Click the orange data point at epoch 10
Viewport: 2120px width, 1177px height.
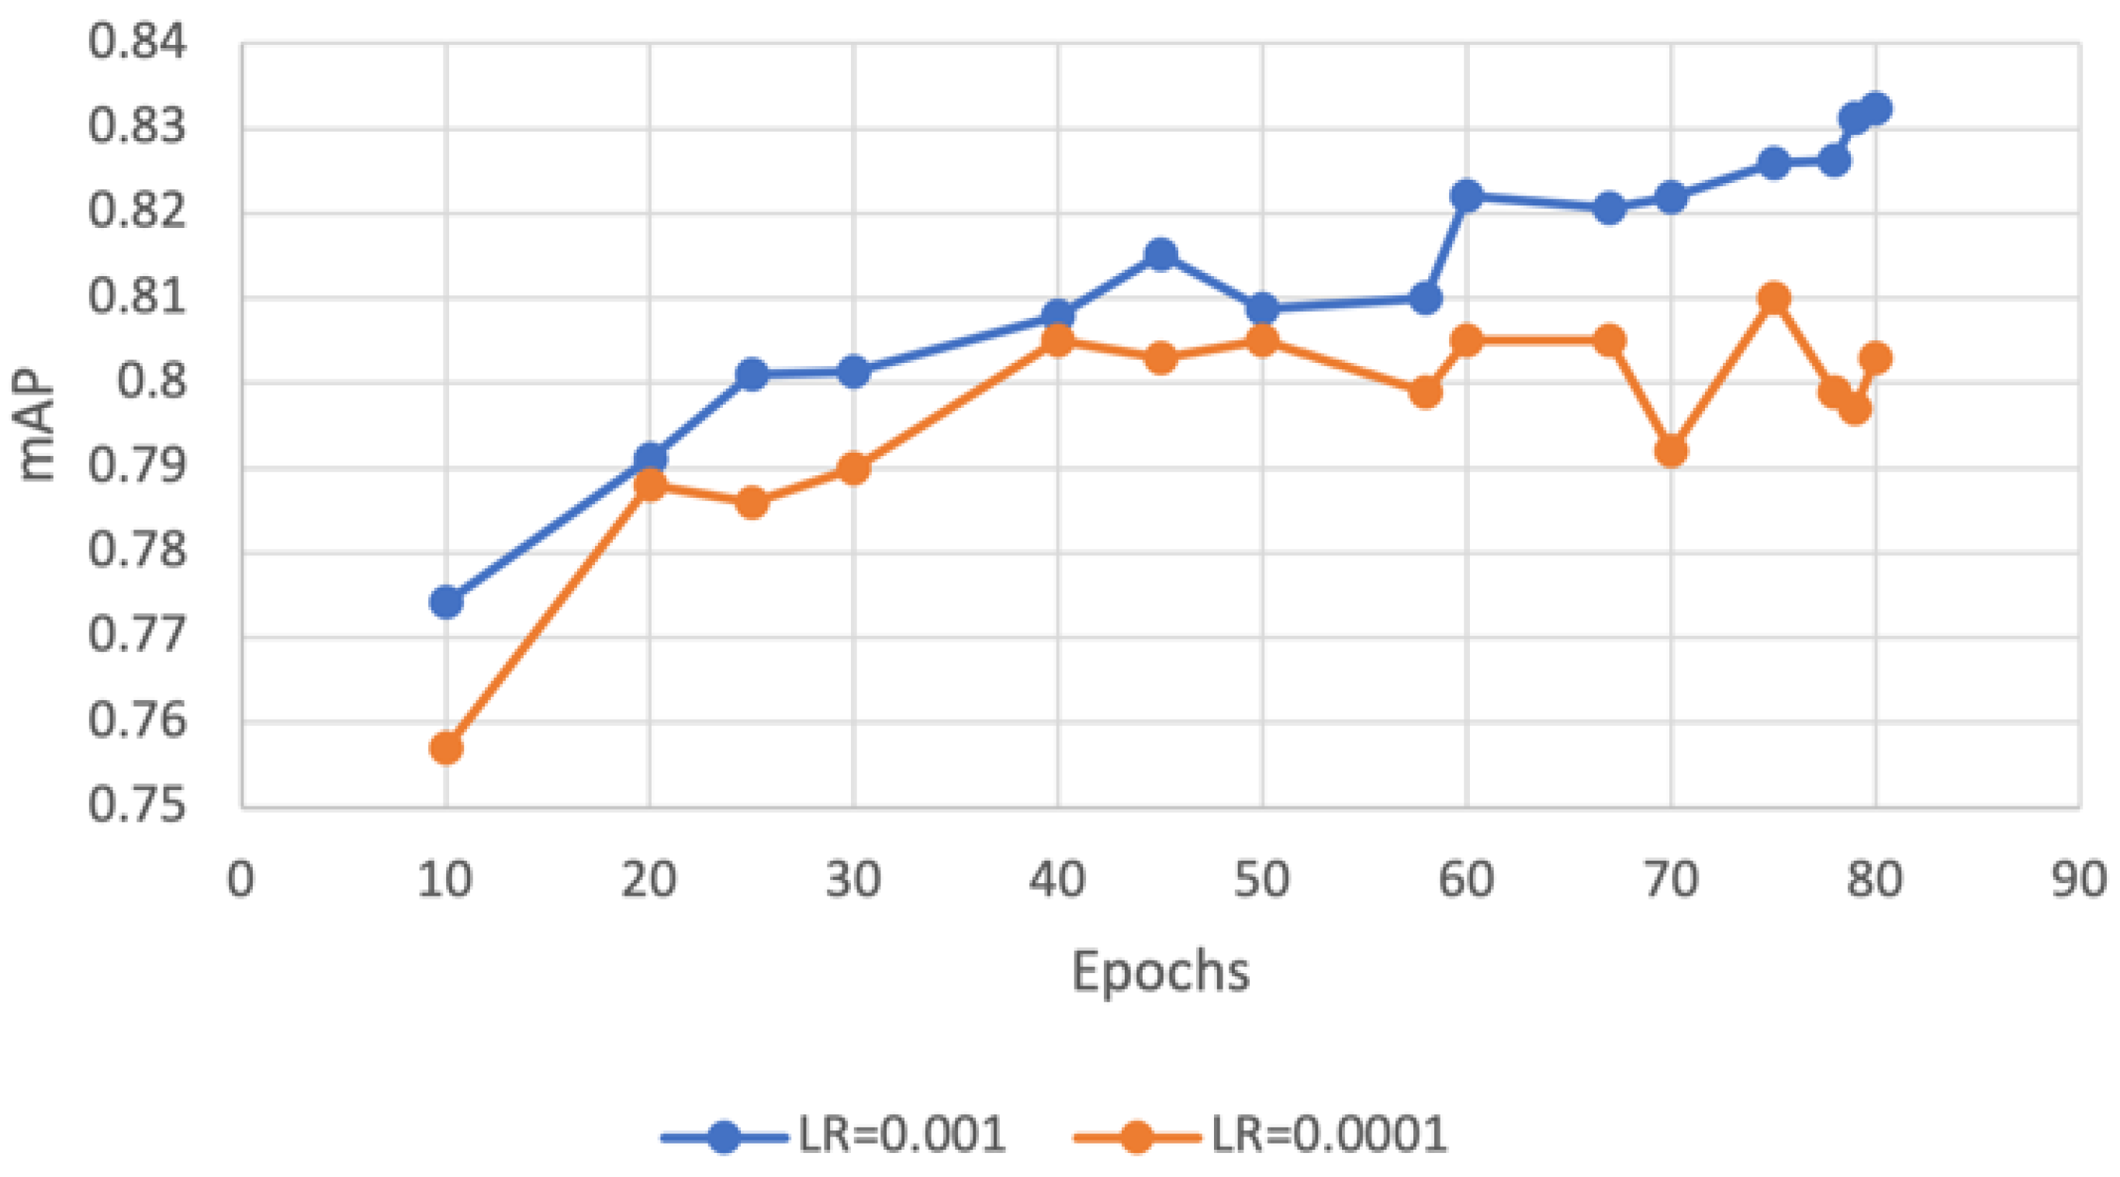446,747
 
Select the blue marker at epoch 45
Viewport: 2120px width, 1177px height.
1160,255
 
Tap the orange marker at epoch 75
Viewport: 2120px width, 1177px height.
1773,298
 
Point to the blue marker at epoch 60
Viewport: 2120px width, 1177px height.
1467,195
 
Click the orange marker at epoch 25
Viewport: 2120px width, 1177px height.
752,502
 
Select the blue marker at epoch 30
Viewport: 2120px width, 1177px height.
854,371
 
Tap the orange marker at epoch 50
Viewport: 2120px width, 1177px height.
1262,340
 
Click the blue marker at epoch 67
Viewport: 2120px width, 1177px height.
1610,208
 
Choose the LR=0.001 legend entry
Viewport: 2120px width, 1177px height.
835,1136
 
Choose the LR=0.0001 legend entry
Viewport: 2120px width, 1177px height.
1261,1136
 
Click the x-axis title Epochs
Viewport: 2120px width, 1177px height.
1160,972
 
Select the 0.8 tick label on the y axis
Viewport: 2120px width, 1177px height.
151,381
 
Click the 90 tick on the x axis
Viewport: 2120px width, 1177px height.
2079,880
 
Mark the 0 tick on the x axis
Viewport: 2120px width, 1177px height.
240,880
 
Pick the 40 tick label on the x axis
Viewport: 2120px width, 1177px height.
1057,880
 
